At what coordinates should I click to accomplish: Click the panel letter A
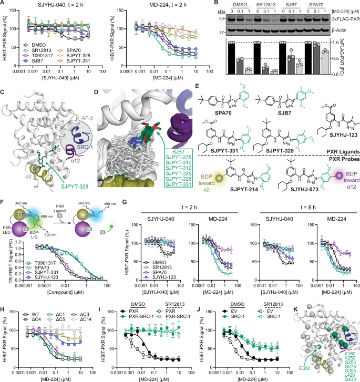pos(3,4)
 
